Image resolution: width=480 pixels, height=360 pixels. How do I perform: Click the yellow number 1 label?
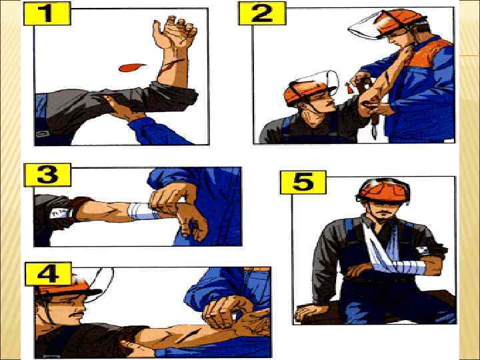coord(47,13)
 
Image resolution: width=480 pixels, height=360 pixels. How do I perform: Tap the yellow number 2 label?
coord(263,13)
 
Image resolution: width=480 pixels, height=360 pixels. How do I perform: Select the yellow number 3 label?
coord(47,175)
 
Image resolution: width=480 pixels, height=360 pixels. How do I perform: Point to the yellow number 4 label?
coord(48,274)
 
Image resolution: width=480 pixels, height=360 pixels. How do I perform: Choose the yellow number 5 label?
coord(303,183)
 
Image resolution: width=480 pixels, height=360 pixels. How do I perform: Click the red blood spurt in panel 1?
coord(132,67)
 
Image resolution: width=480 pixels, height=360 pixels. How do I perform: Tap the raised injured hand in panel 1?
coord(175,32)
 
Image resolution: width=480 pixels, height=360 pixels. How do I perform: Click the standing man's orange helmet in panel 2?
coord(398,22)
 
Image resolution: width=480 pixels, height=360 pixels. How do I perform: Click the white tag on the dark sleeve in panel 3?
coord(60,213)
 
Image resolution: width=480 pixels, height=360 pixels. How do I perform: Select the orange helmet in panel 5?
coord(383,190)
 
